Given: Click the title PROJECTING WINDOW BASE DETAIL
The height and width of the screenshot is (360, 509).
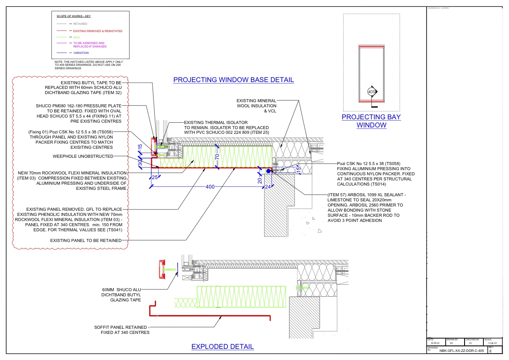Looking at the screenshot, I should [233, 80].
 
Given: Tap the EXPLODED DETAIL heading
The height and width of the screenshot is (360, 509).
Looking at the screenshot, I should [222, 346].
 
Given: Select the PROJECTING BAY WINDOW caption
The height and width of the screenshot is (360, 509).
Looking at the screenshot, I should [371, 121].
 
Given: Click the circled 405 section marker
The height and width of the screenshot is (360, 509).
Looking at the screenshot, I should [371, 91].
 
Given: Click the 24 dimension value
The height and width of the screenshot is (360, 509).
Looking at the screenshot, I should [268, 186].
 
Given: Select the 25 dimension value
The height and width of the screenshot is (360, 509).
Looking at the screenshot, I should [155, 177].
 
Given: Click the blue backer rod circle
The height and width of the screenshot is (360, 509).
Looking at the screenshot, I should [268, 171].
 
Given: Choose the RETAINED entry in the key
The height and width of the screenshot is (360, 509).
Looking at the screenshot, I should [80, 24].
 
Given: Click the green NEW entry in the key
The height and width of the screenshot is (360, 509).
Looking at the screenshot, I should [76, 38].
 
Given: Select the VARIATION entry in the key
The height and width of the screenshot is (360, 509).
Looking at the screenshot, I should [81, 53].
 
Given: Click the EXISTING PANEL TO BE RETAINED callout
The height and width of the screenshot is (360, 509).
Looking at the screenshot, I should [85, 241].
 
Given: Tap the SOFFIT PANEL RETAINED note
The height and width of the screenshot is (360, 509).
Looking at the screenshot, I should [122, 330].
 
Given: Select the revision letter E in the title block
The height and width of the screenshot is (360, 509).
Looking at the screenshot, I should [491, 351].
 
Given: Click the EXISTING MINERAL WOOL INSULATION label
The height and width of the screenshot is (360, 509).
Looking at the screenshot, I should [256, 106].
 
